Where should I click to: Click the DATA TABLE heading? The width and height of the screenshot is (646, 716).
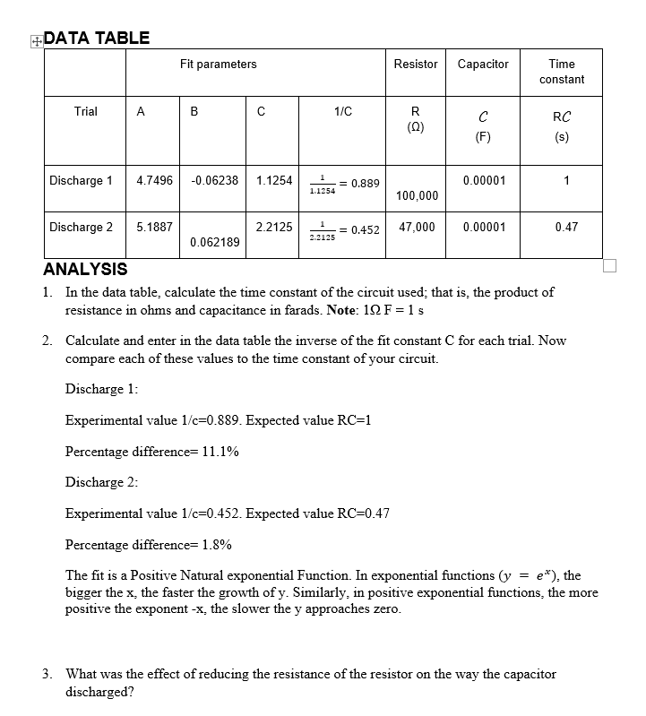[97, 38]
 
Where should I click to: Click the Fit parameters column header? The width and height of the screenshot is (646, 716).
[218, 65]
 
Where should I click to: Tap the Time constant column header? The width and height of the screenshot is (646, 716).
[562, 72]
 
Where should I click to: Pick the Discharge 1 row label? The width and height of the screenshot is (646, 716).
[82, 180]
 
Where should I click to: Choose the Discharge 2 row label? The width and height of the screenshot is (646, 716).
[82, 227]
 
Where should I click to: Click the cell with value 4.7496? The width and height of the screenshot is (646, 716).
[155, 180]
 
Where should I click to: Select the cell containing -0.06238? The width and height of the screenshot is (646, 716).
[215, 180]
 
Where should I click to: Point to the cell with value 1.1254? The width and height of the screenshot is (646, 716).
[274, 180]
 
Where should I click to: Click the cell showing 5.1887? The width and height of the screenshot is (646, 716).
[155, 227]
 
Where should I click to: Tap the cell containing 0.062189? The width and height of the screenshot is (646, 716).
[215, 243]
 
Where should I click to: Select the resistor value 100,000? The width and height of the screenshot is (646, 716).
[417, 196]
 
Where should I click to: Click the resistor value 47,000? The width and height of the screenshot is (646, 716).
[417, 227]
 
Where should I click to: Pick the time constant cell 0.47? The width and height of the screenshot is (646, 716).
[566, 227]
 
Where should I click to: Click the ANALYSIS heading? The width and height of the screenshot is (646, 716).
[86, 269]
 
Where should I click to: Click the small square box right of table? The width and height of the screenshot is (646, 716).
[610, 265]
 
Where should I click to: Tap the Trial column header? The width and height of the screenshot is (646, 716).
[86, 112]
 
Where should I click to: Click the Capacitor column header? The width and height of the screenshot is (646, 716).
[483, 65]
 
